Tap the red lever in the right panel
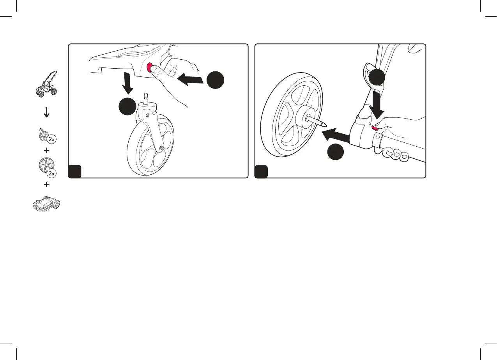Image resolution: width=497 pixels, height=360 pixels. click(x=376, y=127)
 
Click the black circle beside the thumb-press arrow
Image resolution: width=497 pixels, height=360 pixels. click(x=216, y=80)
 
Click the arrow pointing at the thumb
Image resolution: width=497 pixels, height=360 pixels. click(x=190, y=79)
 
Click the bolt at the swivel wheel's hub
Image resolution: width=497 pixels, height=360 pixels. click(x=161, y=148)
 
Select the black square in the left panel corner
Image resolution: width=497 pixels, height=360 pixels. click(x=75, y=171)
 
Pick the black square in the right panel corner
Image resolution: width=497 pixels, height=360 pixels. click(x=262, y=171)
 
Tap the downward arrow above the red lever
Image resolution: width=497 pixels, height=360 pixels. click(x=377, y=101)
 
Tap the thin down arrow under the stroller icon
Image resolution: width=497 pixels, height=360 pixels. click(x=46, y=113)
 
